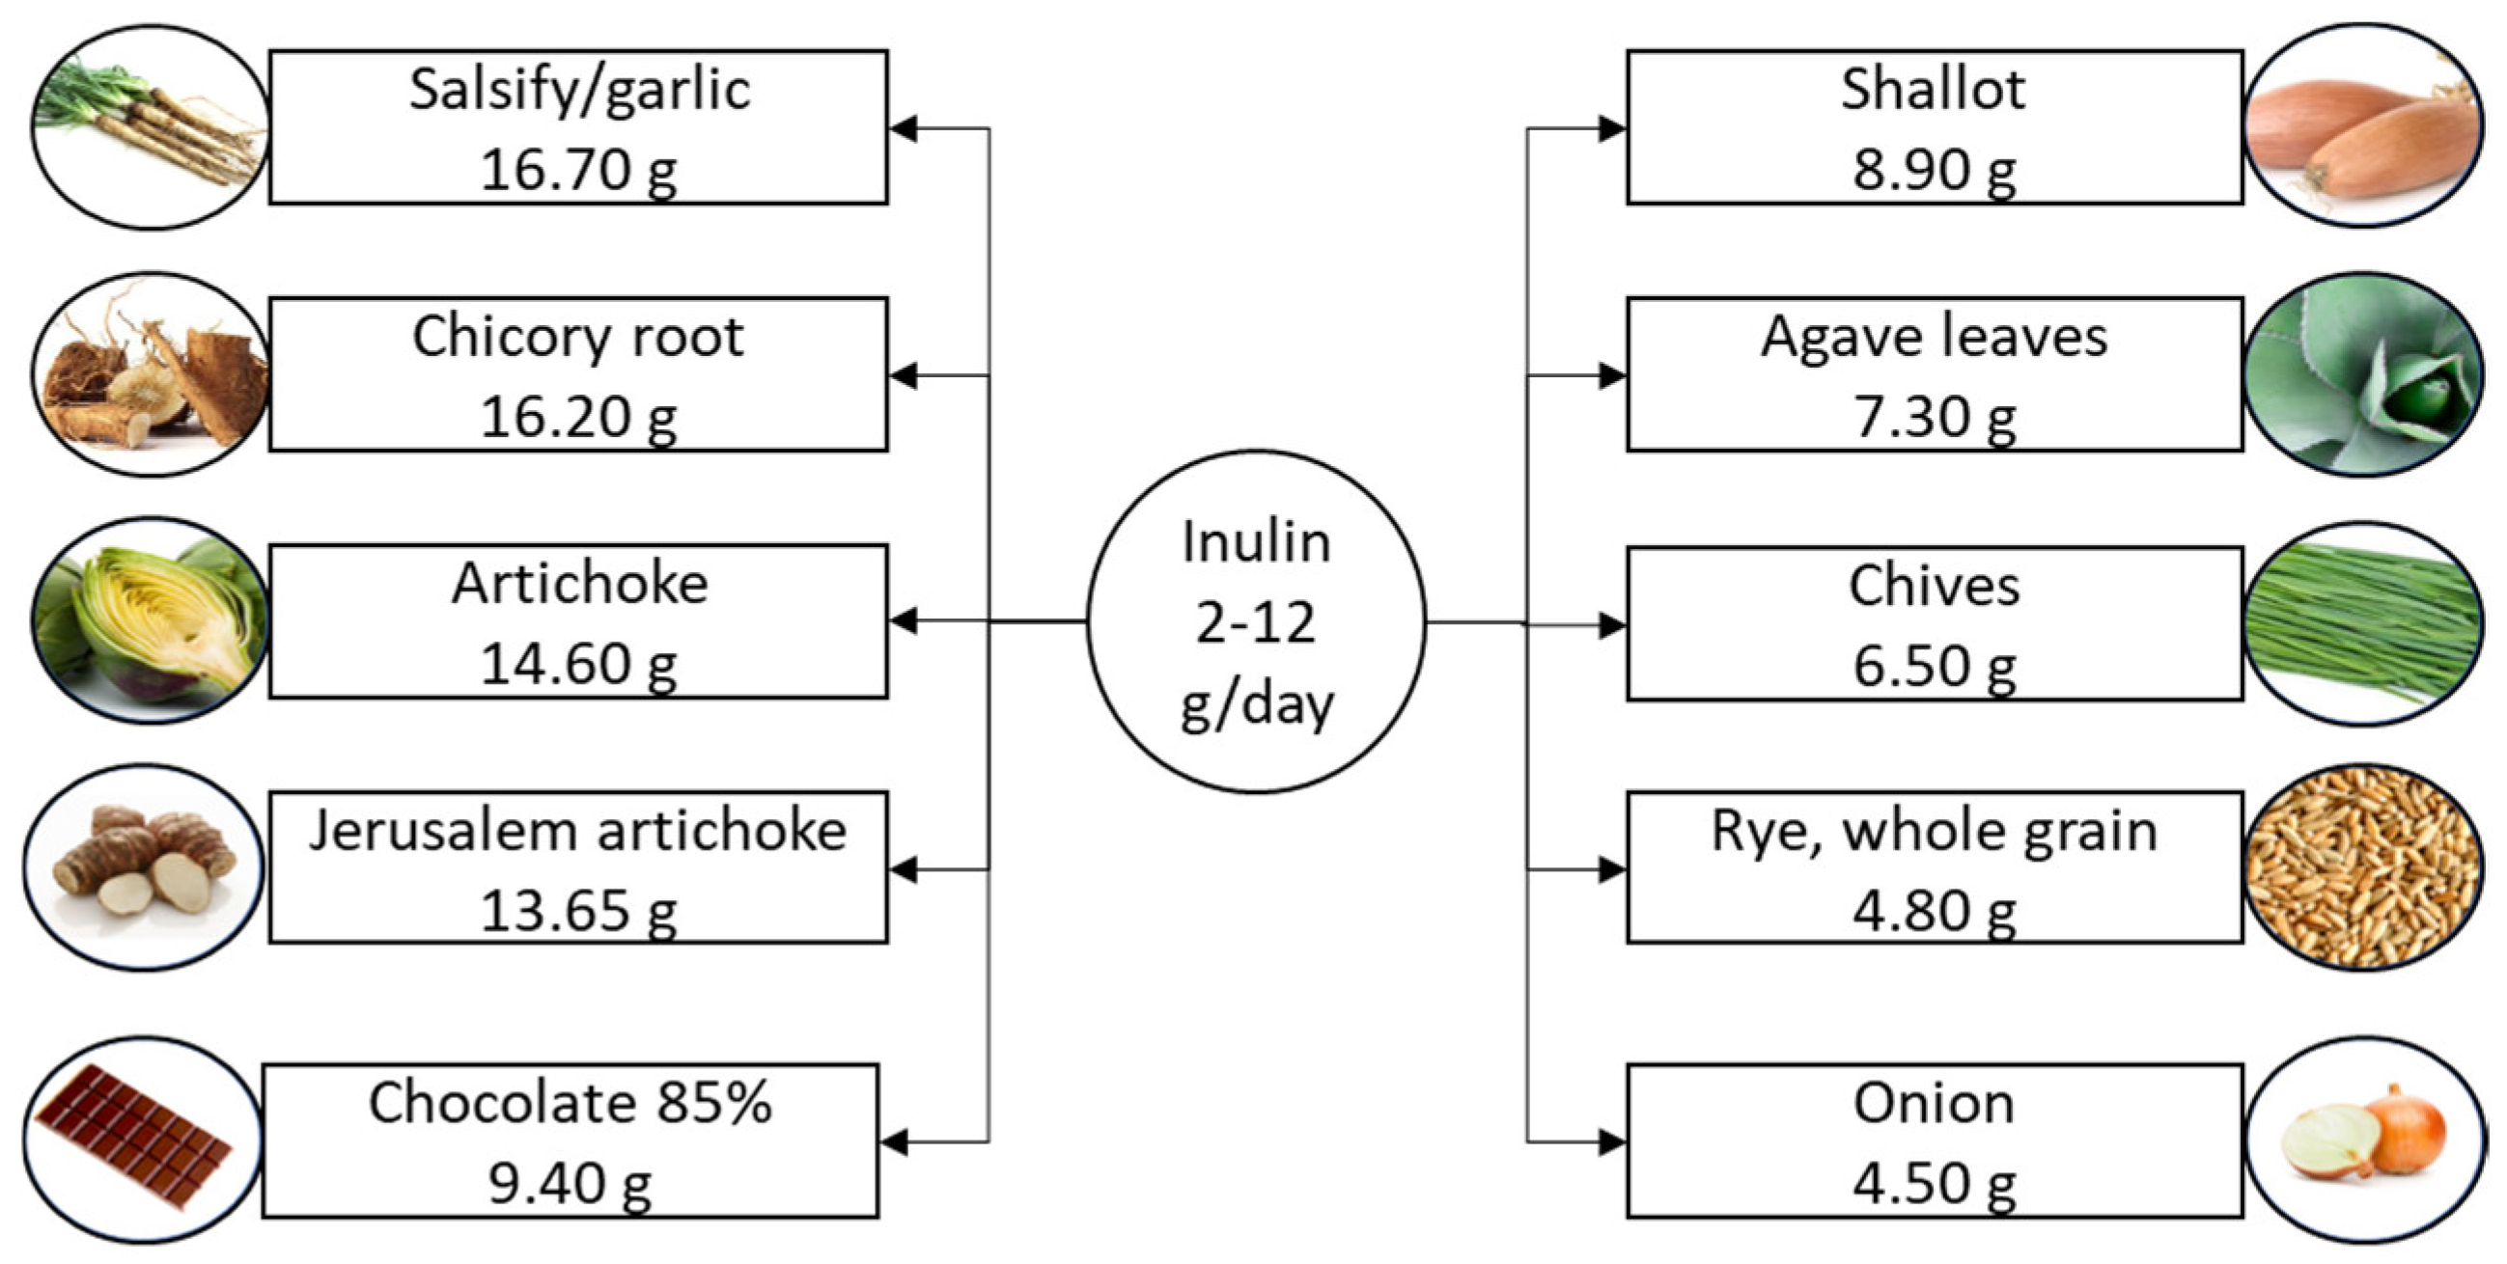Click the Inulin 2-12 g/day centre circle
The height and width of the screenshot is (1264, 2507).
[x=1256, y=621]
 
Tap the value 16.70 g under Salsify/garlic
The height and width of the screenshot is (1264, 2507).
[x=578, y=169]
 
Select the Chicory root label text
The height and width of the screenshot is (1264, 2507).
[x=578, y=337]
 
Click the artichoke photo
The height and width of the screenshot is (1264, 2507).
[x=151, y=620]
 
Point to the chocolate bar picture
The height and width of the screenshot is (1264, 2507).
[x=141, y=1139]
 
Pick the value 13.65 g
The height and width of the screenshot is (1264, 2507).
[x=578, y=911]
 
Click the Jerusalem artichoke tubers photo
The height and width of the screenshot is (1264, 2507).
[x=144, y=867]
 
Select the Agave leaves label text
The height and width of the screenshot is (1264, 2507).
[x=1934, y=337]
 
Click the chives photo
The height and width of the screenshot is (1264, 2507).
[x=2362, y=623]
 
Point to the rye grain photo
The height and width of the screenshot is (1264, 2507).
[x=2362, y=867]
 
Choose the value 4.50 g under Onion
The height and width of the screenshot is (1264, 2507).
[x=1934, y=1183]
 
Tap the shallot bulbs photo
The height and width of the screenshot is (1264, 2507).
[x=2362, y=126]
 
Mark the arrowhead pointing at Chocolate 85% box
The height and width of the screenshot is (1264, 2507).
[x=894, y=1141]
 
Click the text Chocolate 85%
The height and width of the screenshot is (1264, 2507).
[x=571, y=1104]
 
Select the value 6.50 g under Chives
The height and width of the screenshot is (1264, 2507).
[x=1934, y=666]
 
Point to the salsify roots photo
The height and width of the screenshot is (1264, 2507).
[x=151, y=127]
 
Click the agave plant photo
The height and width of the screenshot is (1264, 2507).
[x=2362, y=374]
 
